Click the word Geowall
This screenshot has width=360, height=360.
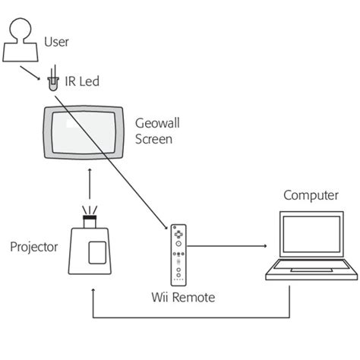[157, 122]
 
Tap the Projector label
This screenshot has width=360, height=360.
[34, 248]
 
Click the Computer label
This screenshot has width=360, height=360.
[311, 196]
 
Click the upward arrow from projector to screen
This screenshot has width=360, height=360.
[91, 187]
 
